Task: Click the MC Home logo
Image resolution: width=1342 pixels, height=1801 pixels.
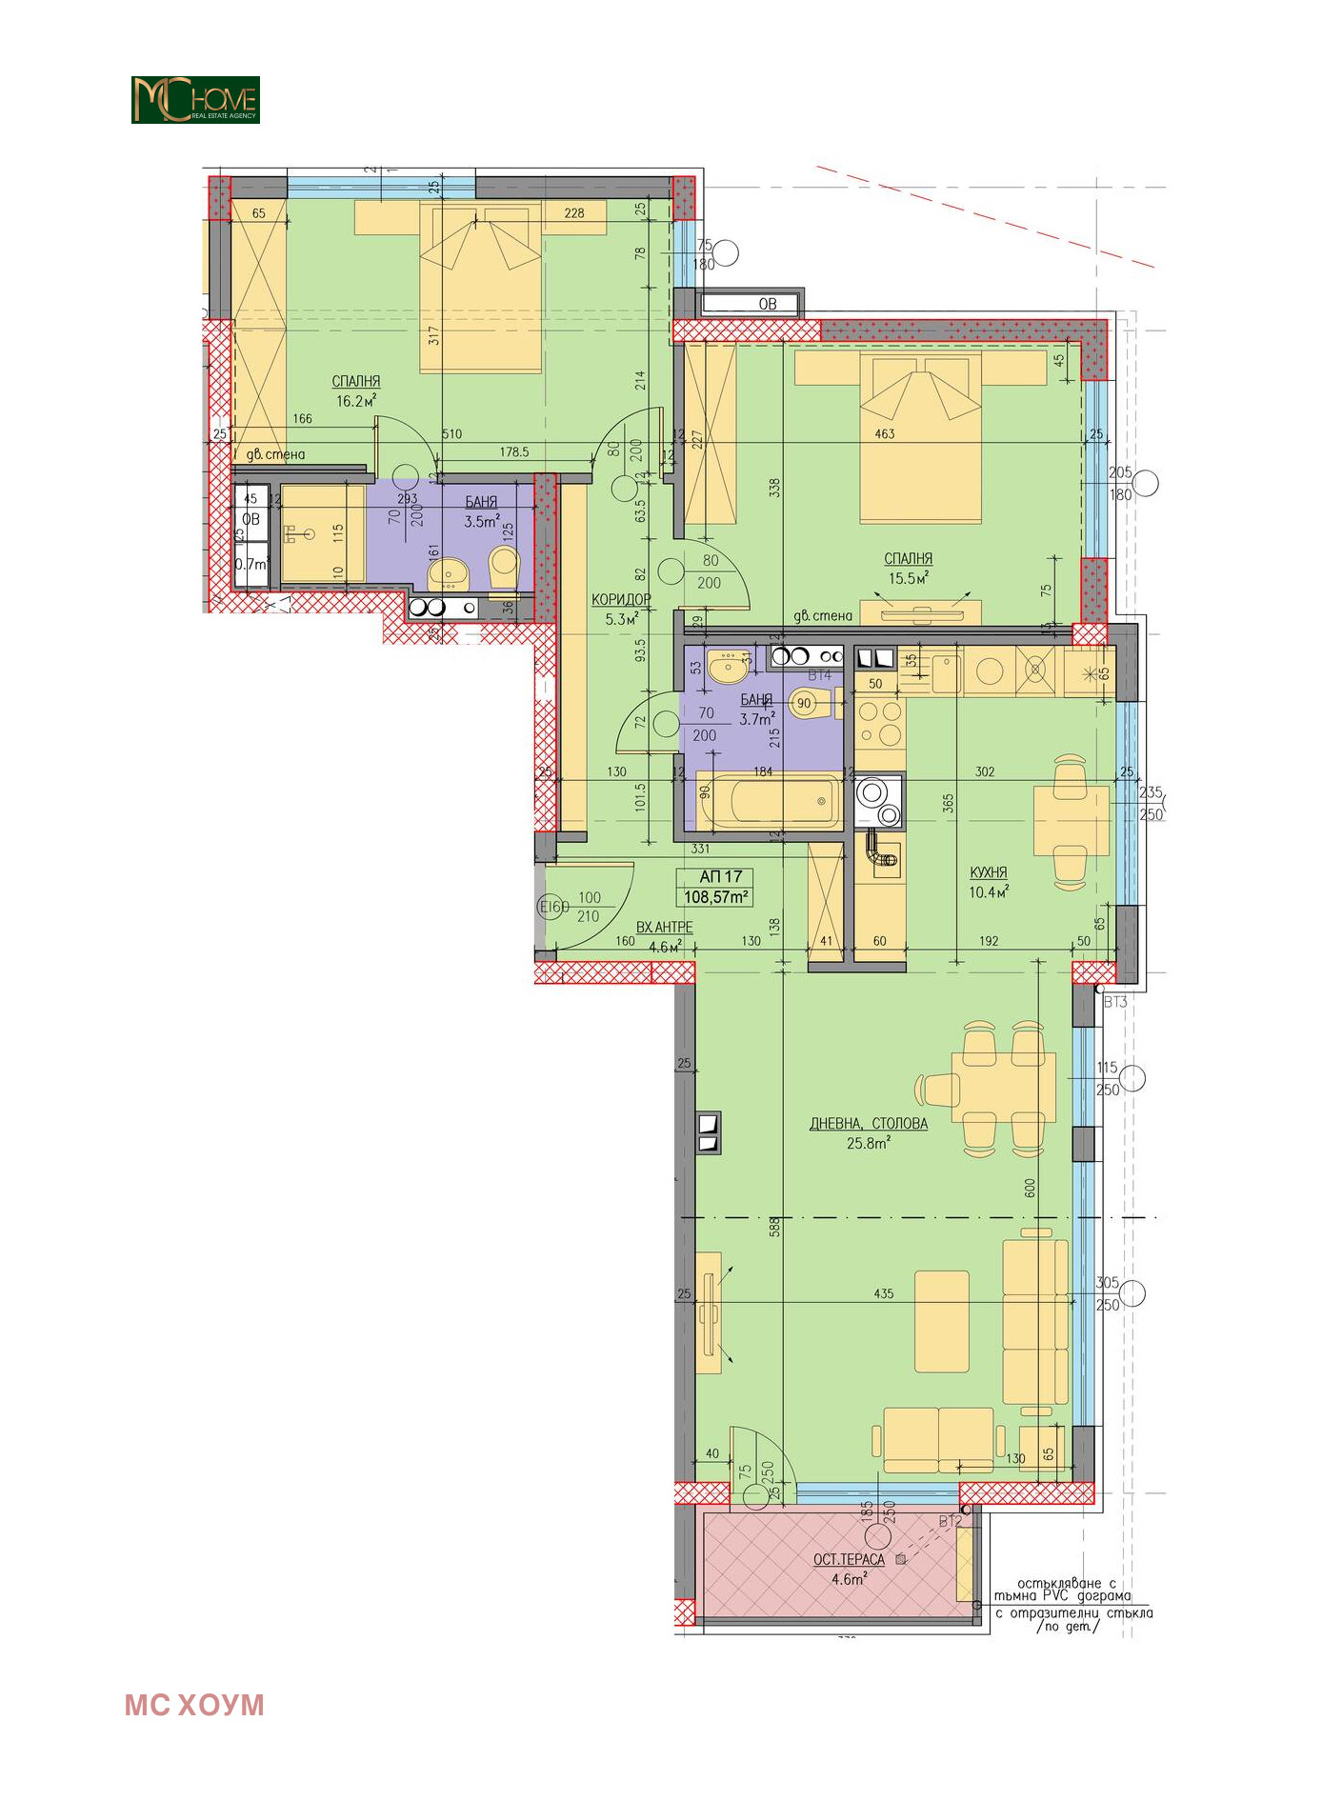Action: [x=195, y=100]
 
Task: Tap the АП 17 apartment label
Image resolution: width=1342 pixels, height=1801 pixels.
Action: [x=720, y=876]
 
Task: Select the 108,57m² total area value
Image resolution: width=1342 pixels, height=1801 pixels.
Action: [x=716, y=896]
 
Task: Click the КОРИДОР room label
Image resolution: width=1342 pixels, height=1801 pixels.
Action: [x=621, y=599]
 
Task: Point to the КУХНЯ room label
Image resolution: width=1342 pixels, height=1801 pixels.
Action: [x=988, y=872]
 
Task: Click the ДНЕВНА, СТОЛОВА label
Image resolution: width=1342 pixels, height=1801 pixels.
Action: [x=868, y=1124]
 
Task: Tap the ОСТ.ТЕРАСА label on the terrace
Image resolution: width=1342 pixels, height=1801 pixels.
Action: [x=849, y=1559]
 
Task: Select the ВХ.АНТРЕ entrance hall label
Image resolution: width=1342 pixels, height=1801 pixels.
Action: [x=664, y=927]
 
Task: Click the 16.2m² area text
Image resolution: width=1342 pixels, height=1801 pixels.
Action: [x=355, y=401]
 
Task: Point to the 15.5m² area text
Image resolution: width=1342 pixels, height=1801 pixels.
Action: [x=908, y=578]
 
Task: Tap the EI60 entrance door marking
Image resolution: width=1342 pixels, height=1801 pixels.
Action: [x=553, y=907]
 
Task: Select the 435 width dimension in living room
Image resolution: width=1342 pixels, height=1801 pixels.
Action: [x=883, y=1293]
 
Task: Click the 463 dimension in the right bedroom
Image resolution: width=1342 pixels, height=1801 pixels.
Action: [x=884, y=433]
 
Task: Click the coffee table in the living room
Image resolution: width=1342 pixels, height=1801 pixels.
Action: [x=941, y=1321]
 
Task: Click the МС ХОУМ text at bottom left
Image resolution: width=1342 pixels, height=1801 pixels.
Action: [x=194, y=1705]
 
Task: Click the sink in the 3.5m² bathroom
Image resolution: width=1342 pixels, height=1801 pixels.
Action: [x=448, y=574]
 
